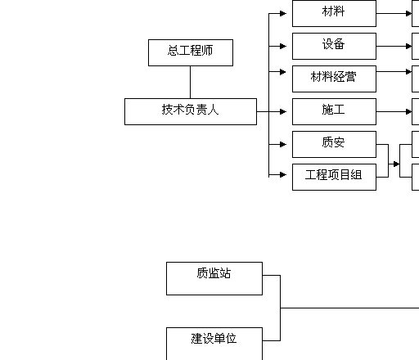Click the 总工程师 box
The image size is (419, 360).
191,52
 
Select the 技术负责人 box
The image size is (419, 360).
191,111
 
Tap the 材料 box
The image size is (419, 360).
334,13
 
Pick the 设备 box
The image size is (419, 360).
334,46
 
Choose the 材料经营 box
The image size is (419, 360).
334,79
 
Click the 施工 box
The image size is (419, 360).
334,111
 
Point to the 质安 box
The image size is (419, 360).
334,144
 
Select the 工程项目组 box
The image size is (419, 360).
334,177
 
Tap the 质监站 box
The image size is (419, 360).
214,278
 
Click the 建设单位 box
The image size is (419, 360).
214,344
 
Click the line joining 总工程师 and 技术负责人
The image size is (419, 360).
190,82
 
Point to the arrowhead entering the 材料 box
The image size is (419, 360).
283,13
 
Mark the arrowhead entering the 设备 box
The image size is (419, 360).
283,46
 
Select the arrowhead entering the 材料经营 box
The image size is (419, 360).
283,72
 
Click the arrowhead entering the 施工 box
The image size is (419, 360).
283,111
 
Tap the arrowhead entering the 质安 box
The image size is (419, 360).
283,144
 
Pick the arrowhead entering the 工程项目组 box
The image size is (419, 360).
283,174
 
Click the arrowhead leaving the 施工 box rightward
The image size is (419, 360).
408,111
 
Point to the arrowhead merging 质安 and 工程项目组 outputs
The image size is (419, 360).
396,164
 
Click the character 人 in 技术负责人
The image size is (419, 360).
213,110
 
